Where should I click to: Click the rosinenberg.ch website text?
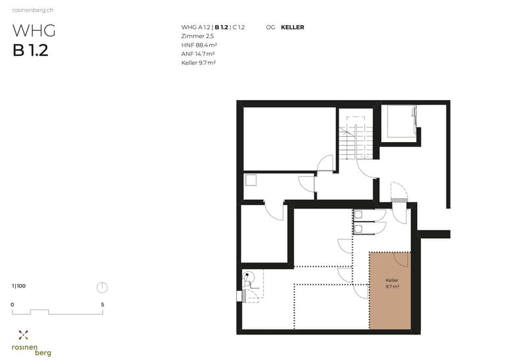(32, 10)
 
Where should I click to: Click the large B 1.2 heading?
(30, 51)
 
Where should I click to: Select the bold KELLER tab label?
(293, 28)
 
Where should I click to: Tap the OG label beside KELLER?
(270, 28)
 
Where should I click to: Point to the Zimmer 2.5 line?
(197, 36)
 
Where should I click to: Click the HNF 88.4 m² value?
(199, 45)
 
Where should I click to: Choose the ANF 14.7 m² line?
(198, 54)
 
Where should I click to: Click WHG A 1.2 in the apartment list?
(195, 28)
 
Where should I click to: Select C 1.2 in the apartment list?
(239, 28)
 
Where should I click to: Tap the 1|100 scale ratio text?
(19, 286)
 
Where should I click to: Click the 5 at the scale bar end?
(103, 304)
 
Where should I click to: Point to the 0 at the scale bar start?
(12, 304)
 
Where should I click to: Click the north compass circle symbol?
(103, 288)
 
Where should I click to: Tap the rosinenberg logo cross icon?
(23, 335)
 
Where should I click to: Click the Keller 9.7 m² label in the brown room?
(392, 283)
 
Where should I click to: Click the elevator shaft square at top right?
(401, 122)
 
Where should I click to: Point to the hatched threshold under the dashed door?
(399, 201)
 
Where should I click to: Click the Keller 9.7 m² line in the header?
(199, 62)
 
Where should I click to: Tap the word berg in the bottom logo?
(43, 353)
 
